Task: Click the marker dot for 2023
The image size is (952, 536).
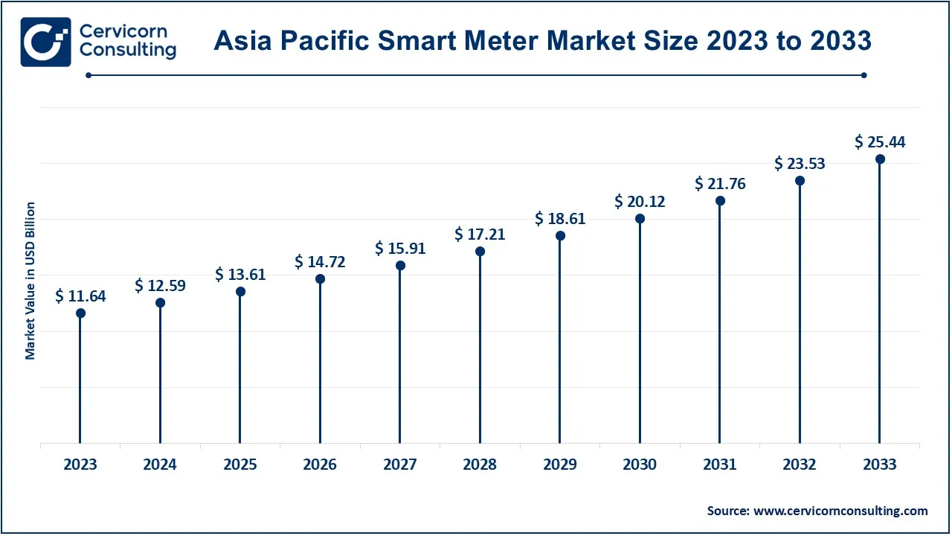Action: pyautogui.click(x=80, y=313)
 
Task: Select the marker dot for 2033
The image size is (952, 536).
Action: pyautogui.click(x=880, y=159)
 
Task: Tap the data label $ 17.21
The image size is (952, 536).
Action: pyautogui.click(x=480, y=234)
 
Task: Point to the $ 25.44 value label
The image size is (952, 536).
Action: pyautogui.click(x=880, y=141)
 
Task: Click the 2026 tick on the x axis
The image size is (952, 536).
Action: pyautogui.click(x=320, y=465)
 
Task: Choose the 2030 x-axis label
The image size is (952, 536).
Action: pyautogui.click(x=640, y=465)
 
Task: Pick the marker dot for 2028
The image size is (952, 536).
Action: pyautogui.click(x=480, y=252)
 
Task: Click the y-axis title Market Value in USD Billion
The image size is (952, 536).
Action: pyautogui.click(x=30, y=281)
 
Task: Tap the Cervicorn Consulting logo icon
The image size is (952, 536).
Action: pyautogui.click(x=46, y=42)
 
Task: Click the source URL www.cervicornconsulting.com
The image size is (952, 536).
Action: pyautogui.click(x=840, y=511)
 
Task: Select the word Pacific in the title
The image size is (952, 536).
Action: pyautogui.click(x=329, y=41)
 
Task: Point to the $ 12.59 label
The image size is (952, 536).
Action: pyautogui.click(x=160, y=285)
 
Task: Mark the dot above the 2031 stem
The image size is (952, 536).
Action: pyautogui.click(x=720, y=201)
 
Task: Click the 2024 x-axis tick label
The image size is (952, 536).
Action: pyautogui.click(x=160, y=465)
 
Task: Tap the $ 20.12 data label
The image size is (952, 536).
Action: pyautogui.click(x=640, y=201)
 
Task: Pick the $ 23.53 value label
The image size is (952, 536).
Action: pyautogui.click(x=800, y=163)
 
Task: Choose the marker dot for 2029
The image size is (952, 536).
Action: pyautogui.click(x=560, y=235)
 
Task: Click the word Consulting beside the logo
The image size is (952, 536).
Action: pyautogui.click(x=128, y=51)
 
